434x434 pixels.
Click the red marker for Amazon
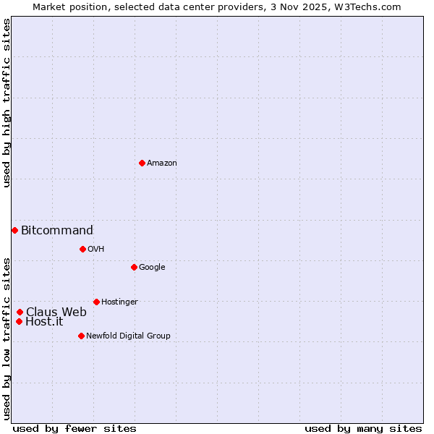pos(142,163)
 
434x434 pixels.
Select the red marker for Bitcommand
pos(14,230)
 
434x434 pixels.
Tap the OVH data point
pos(82,249)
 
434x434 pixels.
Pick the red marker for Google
pos(134,267)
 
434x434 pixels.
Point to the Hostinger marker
pos(96,302)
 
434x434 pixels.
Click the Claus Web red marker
pos(20,312)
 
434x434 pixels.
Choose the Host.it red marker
pos(19,321)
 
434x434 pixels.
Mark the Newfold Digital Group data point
pos(81,336)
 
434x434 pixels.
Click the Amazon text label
pos(162,163)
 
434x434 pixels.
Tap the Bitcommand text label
pos(57,231)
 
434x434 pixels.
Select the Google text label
pos(152,268)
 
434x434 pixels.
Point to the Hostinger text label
pos(119,302)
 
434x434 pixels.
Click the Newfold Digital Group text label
pos(128,336)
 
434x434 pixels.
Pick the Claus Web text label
pos(56,312)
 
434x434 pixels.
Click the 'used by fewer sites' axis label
pos(75,428)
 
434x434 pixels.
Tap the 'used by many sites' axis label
pos(363,428)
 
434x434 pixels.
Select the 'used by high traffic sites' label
pos(7,103)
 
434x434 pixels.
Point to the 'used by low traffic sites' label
pos(7,338)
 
